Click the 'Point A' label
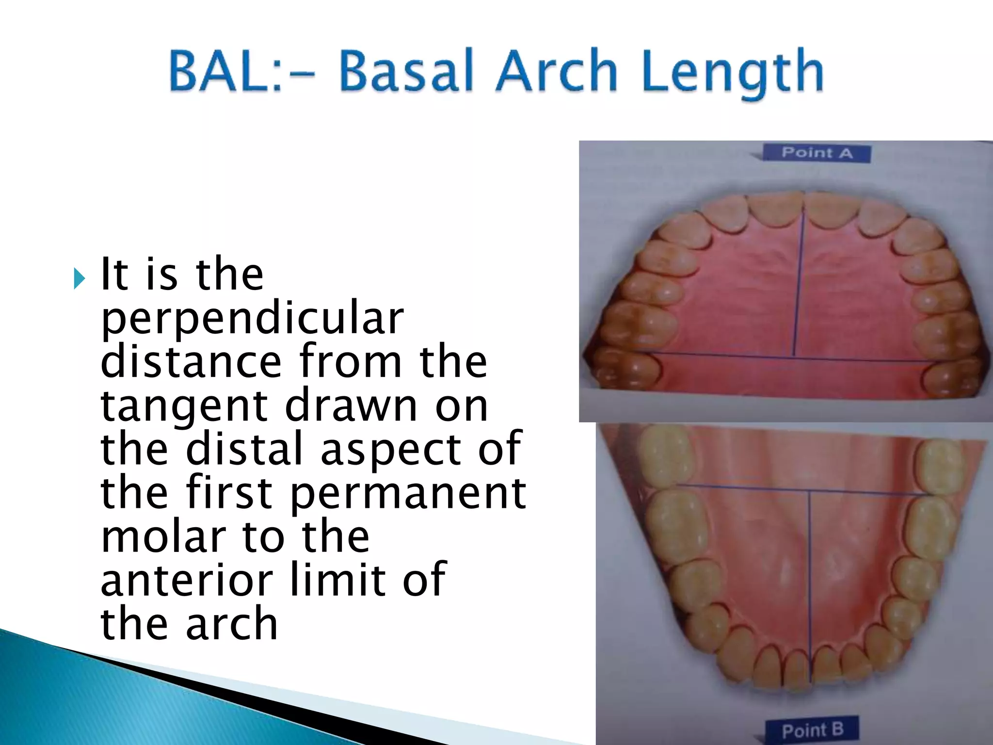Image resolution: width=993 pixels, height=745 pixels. [817, 153]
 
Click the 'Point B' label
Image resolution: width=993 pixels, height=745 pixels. [813, 730]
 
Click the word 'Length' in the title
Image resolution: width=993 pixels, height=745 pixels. [733, 73]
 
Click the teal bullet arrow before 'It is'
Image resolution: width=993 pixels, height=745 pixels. [80, 278]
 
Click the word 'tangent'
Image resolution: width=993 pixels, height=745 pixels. [184, 406]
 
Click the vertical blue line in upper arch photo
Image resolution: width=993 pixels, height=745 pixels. [798, 286]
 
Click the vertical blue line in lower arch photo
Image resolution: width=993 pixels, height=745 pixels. [809, 582]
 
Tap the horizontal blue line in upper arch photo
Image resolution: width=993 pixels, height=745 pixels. [727, 355]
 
